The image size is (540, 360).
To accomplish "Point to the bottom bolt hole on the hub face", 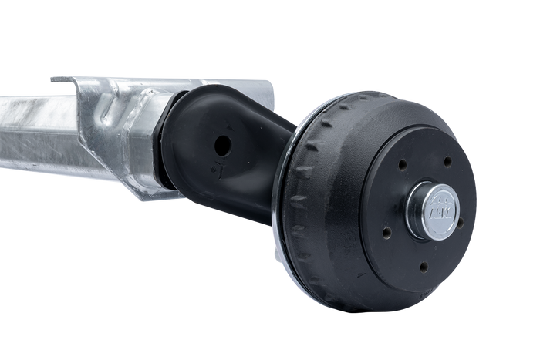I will [x=422, y=267].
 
